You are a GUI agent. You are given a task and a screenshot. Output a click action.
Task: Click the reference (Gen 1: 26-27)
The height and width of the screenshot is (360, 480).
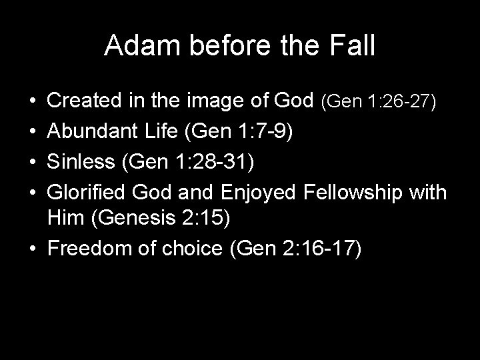coord(379,101)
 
